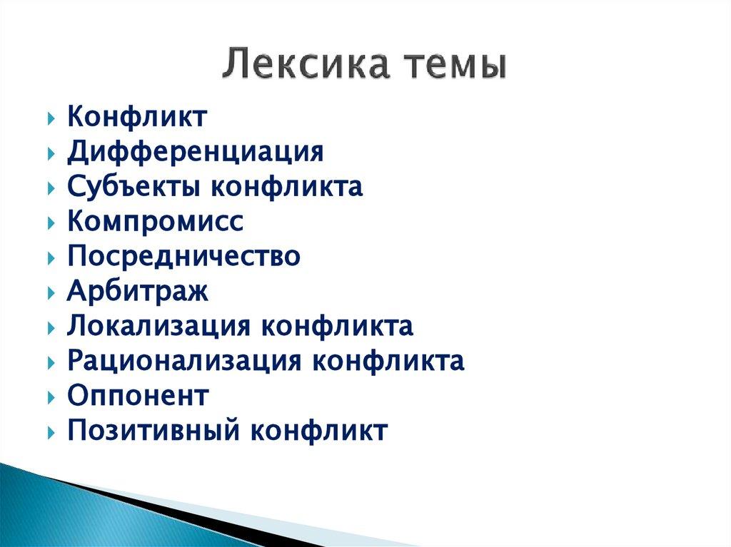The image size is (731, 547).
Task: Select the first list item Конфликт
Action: pos(137,117)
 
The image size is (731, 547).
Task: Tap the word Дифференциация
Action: pos(196,152)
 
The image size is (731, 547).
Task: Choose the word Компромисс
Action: pos(156,222)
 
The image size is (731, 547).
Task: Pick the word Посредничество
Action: pos(183,257)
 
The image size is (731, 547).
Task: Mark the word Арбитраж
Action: pos(138,292)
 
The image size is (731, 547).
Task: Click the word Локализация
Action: pos(158,327)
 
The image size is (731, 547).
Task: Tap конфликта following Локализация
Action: pos(336,327)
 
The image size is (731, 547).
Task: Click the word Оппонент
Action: pos(138,396)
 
